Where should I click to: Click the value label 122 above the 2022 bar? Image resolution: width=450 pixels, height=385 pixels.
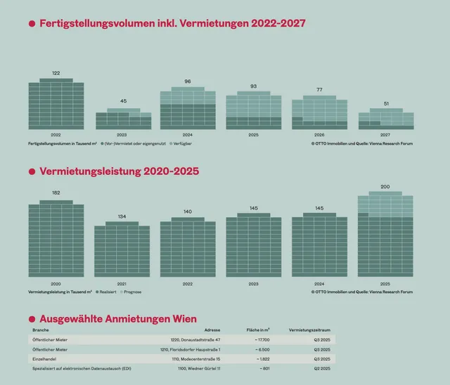[x=56, y=73]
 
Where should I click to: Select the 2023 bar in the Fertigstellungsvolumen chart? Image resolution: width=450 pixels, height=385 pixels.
[x=123, y=119]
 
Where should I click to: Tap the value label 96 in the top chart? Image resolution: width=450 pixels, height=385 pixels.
[x=188, y=81]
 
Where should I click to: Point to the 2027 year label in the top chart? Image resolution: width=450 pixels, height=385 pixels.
[x=385, y=133]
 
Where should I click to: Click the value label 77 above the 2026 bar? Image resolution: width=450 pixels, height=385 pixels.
[x=319, y=90]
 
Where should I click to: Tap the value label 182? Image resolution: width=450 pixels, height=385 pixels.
[x=56, y=192]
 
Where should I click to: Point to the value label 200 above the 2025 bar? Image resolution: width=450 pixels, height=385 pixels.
[x=385, y=187]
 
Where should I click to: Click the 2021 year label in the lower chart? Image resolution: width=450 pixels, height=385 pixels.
[x=122, y=283]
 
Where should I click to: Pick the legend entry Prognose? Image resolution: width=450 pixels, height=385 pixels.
[x=131, y=291]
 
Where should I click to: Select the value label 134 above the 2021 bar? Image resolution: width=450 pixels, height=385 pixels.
[x=122, y=216]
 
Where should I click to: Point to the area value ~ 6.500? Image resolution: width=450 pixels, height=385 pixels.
[x=259, y=349]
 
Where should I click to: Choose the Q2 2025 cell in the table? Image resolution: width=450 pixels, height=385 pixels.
[x=321, y=368]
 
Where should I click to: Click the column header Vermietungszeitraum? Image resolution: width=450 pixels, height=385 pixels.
[x=309, y=329]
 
